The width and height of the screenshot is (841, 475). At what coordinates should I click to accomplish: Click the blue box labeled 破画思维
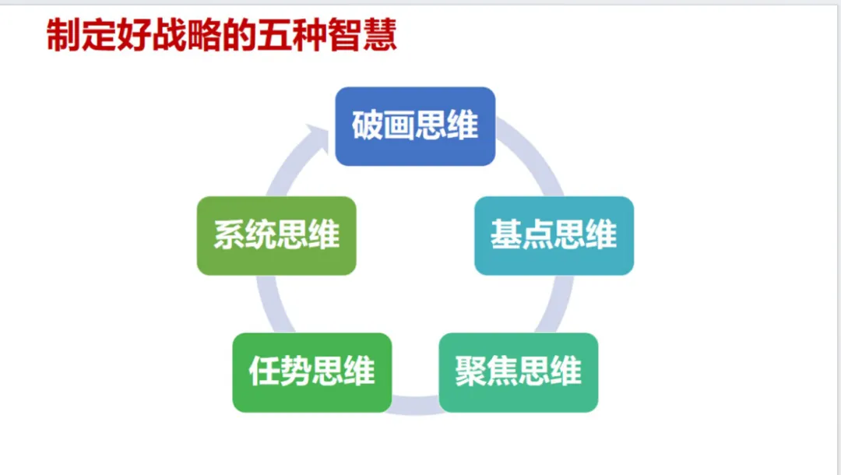coord(415,126)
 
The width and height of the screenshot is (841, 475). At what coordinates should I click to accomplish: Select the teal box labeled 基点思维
coord(554,235)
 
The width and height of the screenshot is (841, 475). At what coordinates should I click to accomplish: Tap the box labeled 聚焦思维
coord(519,372)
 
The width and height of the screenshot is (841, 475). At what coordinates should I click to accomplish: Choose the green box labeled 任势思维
coord(311,372)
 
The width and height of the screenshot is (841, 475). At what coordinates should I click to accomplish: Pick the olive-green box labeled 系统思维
coord(276,235)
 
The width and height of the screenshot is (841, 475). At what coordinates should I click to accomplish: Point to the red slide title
coord(222,36)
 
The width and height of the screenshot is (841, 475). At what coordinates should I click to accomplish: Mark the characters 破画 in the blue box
coord(383,126)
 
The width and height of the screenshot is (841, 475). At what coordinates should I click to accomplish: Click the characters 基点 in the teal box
coord(522,235)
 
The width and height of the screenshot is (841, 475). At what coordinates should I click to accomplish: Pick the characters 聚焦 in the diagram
coord(487,372)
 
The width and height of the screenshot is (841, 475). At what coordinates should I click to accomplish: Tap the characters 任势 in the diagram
coord(280,372)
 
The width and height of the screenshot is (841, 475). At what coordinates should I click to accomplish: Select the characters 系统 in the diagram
coord(245,235)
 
